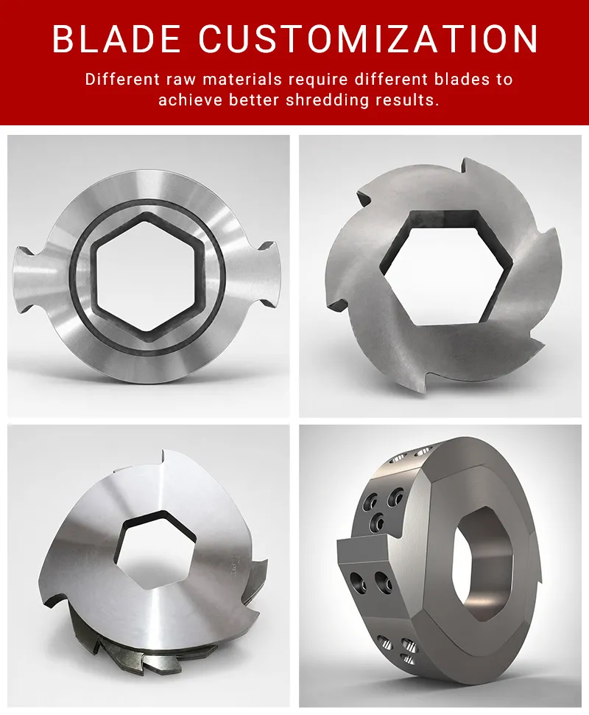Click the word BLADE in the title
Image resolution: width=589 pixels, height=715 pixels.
tap(116, 39)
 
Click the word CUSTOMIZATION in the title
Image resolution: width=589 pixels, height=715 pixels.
tap(369, 39)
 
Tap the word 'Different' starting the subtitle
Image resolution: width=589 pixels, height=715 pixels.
tap(122, 80)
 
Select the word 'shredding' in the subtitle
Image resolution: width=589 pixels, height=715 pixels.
tap(327, 100)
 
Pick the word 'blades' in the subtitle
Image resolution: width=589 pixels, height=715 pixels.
tap(462, 80)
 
